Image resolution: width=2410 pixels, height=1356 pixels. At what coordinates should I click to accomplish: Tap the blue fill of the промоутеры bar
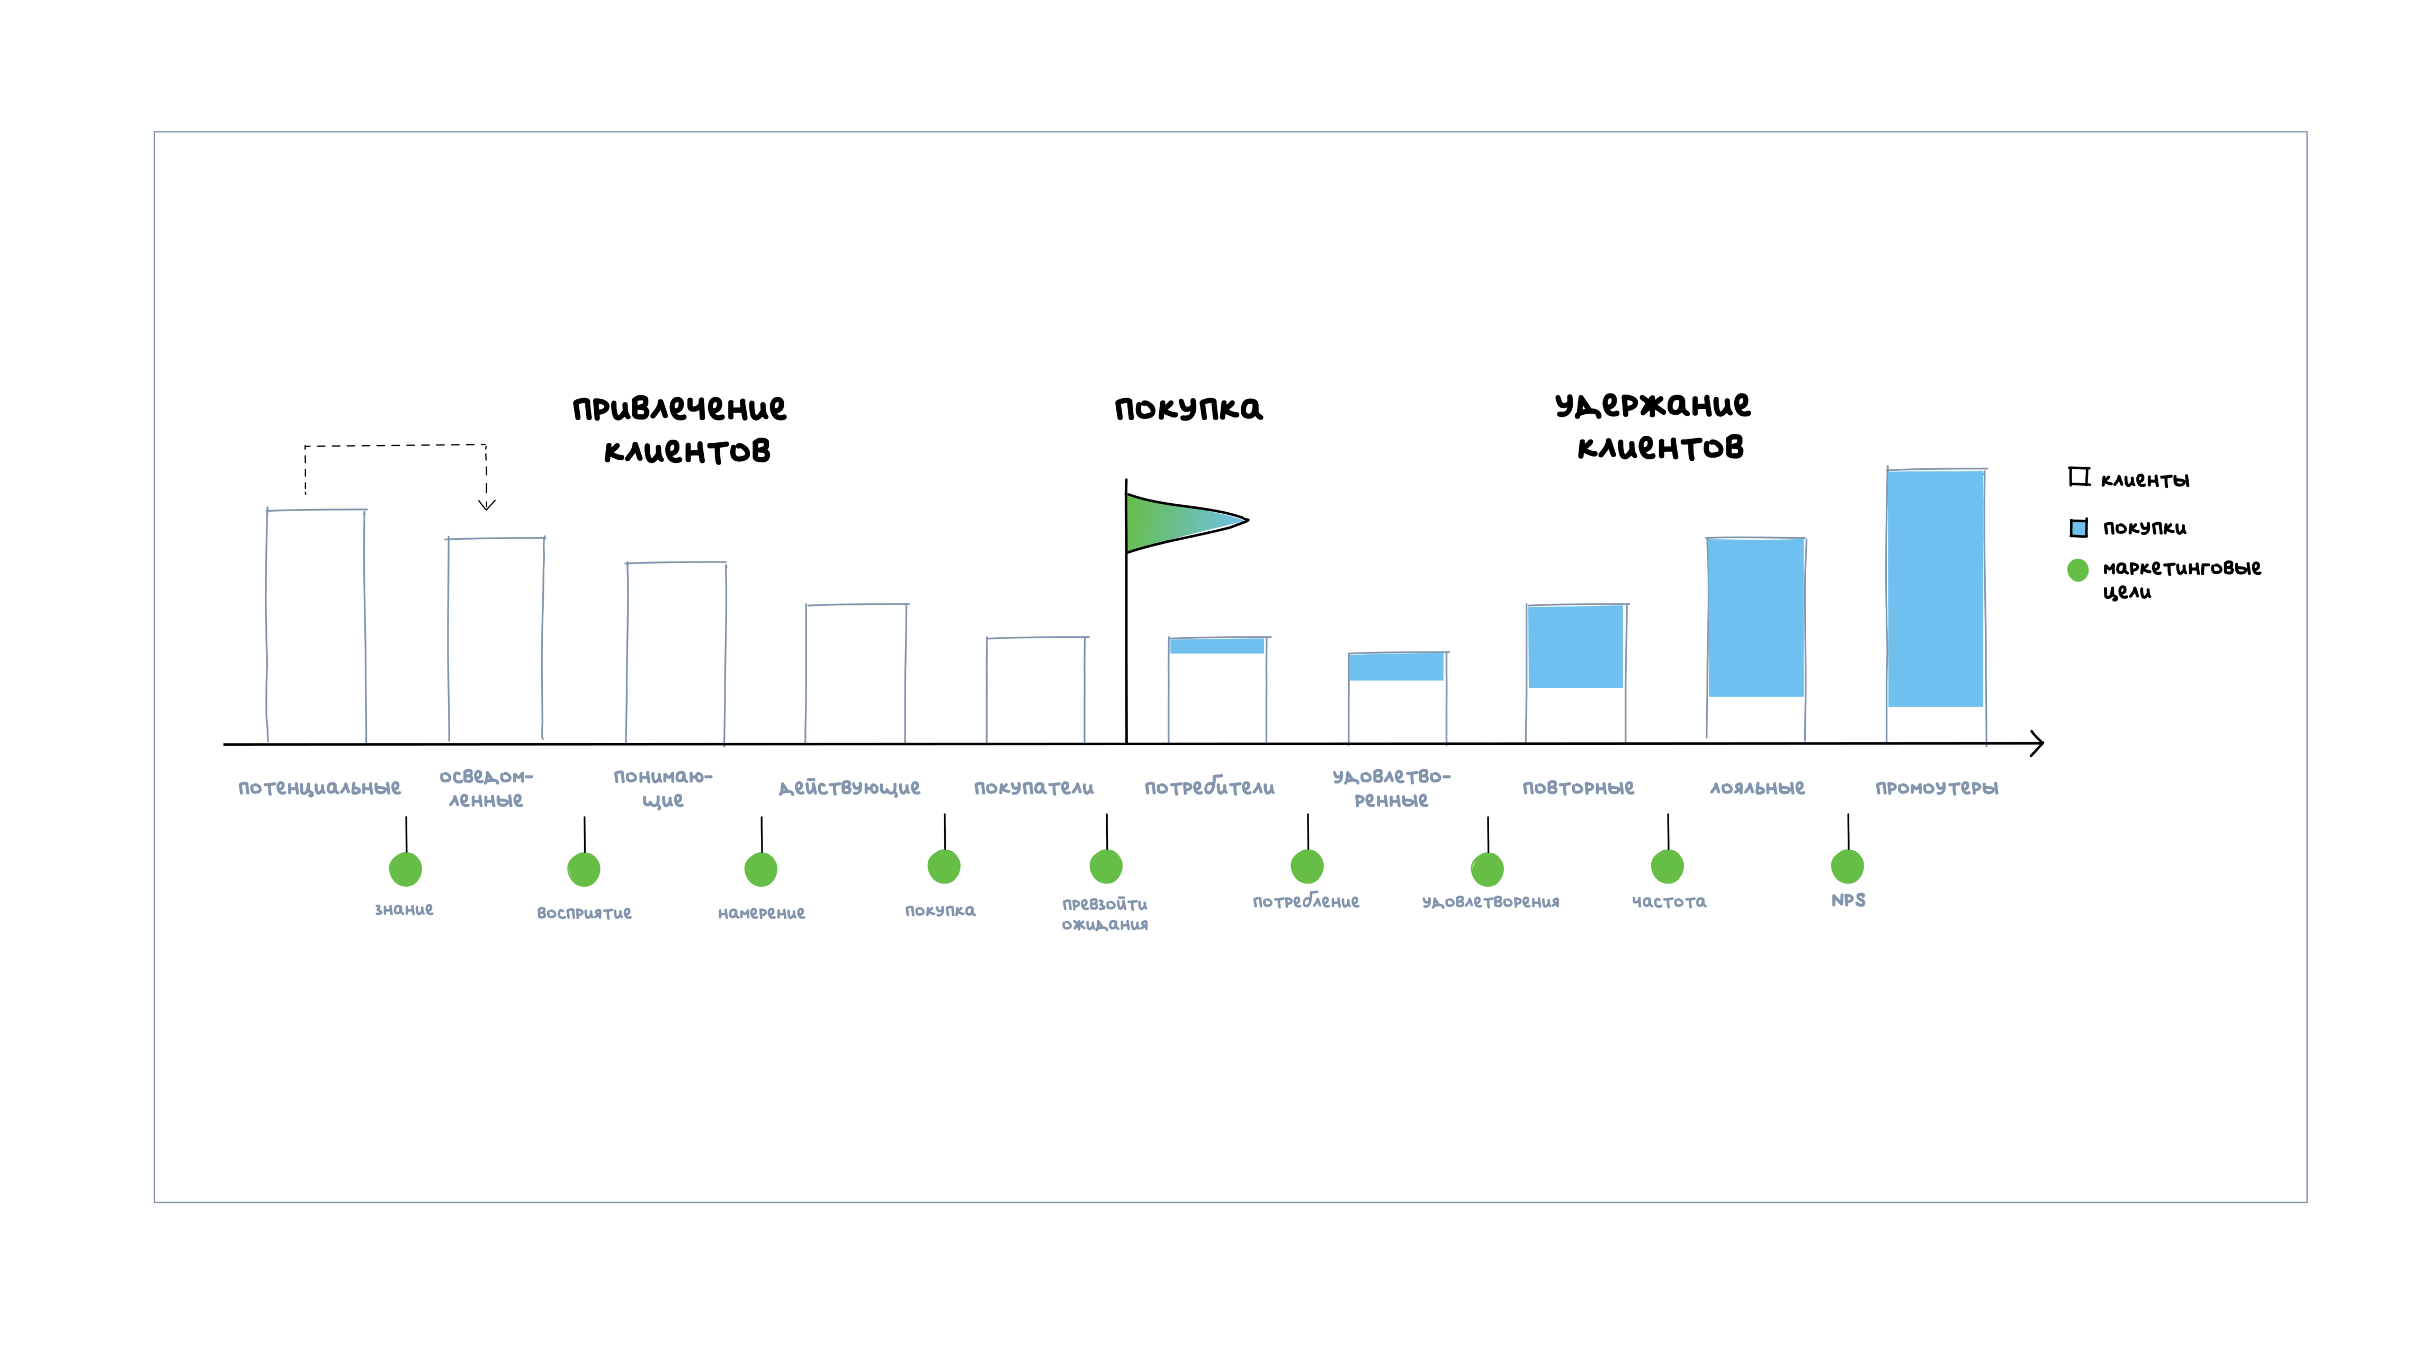click(x=1936, y=588)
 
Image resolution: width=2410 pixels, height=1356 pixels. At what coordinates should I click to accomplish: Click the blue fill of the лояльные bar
click(x=1756, y=618)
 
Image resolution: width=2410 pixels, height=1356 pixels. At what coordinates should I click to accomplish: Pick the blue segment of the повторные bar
click(x=1575, y=647)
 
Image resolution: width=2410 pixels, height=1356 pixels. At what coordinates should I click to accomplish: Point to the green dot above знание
click(x=405, y=869)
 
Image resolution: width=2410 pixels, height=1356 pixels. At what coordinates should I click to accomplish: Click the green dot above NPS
click(x=1848, y=867)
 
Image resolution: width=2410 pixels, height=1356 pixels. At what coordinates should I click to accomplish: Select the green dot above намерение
click(x=760, y=869)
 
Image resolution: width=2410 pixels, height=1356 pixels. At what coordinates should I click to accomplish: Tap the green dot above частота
click(x=1667, y=867)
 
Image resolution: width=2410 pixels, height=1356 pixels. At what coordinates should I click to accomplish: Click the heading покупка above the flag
click(x=1188, y=409)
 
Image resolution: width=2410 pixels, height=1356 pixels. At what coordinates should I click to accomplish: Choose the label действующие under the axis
click(x=849, y=788)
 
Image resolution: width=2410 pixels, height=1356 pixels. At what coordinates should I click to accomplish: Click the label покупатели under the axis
click(x=1034, y=788)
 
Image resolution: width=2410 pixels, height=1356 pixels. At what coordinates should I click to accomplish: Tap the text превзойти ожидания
click(x=1105, y=914)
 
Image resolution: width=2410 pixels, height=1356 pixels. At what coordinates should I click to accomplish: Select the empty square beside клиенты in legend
click(x=2079, y=477)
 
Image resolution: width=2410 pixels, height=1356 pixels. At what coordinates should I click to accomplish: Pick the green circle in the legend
click(x=2078, y=570)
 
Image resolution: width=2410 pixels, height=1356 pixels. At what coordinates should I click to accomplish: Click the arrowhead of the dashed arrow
click(x=487, y=505)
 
